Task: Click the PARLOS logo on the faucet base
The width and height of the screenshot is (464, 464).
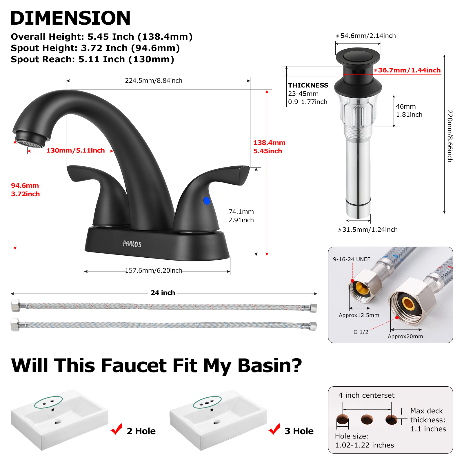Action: coord(132,244)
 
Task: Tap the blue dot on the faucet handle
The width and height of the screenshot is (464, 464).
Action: coord(207,201)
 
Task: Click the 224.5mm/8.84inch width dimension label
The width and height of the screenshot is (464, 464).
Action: coord(154,81)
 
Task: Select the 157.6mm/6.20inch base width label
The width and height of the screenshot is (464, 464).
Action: coord(154,270)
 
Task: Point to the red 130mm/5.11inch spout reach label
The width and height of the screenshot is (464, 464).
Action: coord(76,150)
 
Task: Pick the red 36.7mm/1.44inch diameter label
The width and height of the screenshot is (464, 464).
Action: coord(409,70)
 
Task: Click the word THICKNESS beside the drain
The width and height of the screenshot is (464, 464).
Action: coord(308,85)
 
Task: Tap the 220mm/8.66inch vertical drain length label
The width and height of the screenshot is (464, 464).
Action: coord(450,136)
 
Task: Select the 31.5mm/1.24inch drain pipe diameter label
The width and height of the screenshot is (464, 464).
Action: coord(370,230)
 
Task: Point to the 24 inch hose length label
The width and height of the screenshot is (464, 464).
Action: coord(163,293)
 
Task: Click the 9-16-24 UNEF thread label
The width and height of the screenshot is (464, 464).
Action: coord(352,259)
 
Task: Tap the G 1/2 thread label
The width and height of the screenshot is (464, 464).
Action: coord(361,332)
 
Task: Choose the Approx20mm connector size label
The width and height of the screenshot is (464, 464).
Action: coord(405,336)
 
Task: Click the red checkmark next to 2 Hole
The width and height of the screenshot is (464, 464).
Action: coord(117,429)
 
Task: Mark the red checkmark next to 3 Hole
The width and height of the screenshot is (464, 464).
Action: coord(274,429)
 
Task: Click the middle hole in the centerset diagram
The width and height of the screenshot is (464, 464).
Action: coord(367,419)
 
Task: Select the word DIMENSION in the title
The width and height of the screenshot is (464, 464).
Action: coord(70,18)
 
